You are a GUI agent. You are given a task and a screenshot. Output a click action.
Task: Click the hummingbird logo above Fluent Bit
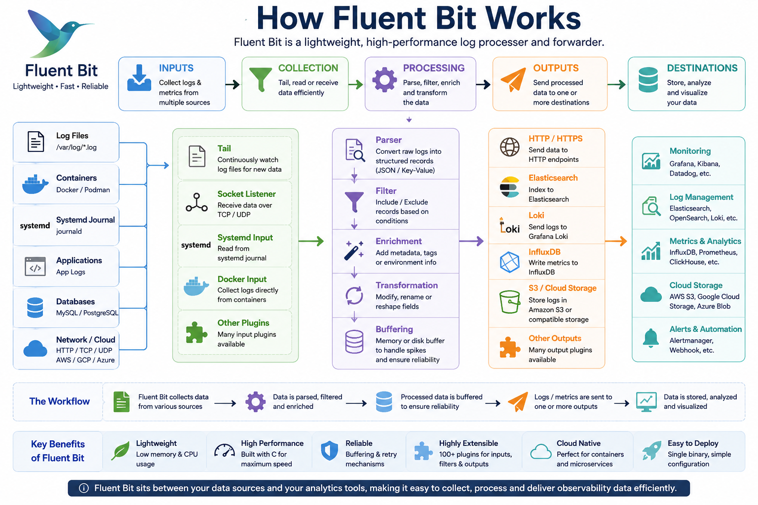pos(58,34)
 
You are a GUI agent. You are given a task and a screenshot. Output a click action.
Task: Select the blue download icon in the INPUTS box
pos(139,78)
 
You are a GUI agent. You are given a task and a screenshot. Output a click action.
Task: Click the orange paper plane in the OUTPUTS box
pos(513,79)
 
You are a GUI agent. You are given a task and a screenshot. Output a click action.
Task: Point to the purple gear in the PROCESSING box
pos(384,80)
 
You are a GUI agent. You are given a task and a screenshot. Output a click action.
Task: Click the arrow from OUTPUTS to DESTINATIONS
pos(616,84)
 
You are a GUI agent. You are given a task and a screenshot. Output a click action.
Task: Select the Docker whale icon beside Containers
pos(35,184)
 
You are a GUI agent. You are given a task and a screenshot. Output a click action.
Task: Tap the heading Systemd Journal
pos(85,220)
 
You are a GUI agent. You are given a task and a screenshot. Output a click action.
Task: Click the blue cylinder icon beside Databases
pos(35,307)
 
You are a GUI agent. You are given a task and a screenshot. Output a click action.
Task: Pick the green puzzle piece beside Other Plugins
pos(196,332)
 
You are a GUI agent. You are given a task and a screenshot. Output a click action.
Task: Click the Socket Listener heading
pos(246,194)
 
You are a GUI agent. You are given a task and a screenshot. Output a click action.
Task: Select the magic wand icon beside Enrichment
pos(354,251)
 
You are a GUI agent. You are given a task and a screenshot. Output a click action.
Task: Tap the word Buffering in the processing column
pos(394,329)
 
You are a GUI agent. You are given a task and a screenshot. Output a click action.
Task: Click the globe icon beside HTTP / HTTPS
pos(510,147)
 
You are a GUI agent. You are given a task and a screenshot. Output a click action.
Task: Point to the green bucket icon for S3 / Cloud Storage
pos(510,302)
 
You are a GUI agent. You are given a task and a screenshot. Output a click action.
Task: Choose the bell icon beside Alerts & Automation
pos(651,338)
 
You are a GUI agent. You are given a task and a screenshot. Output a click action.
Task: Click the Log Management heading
pos(701,197)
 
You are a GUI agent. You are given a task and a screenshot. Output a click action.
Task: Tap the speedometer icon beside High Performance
pos(225,451)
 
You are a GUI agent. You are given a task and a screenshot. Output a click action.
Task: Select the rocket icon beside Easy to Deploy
pos(652,450)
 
